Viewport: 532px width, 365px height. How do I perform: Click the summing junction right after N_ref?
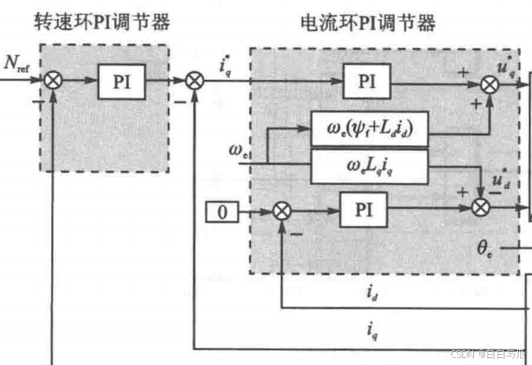54,81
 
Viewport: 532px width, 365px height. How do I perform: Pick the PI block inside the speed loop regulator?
122,82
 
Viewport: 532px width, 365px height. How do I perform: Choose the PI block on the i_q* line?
368,82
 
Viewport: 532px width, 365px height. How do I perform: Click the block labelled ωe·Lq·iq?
369,165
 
